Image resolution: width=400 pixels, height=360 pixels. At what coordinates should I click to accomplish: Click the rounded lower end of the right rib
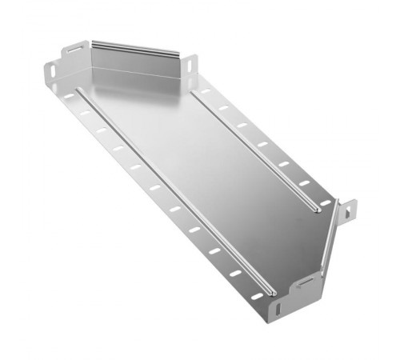point(319,210)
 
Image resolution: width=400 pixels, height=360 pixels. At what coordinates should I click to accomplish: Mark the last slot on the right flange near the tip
point(325,203)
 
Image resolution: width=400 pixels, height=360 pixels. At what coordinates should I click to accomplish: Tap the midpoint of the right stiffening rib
point(256,151)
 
